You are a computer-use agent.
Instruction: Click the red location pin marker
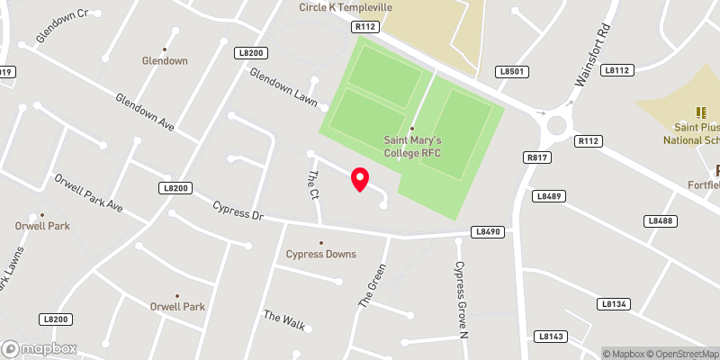coord(360,179)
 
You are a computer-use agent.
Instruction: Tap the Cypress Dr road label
coord(238,211)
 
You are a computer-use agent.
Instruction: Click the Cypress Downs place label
coord(321,254)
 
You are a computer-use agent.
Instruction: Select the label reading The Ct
coord(313,184)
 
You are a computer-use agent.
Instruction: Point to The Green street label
coord(373,285)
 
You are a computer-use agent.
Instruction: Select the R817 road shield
coord(537,157)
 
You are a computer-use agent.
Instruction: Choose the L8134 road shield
coord(613,304)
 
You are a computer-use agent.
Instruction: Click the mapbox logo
coord(39,348)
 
